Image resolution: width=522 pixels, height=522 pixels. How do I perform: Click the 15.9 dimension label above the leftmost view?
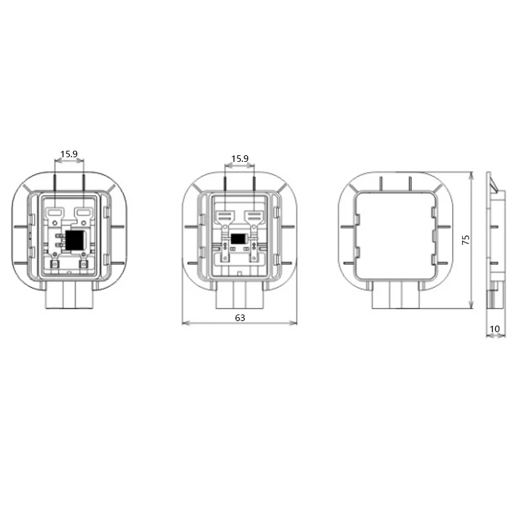click(x=69, y=155)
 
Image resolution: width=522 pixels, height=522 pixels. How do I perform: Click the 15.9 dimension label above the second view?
click(x=239, y=159)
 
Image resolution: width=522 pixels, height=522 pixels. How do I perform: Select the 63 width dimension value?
click(x=239, y=318)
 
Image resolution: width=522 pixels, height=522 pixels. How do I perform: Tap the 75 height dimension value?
click(x=465, y=239)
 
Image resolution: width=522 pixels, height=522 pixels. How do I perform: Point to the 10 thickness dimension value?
click(x=495, y=329)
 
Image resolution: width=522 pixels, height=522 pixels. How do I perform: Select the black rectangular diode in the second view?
click(x=239, y=239)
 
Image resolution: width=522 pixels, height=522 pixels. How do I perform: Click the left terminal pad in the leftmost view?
click(x=55, y=212)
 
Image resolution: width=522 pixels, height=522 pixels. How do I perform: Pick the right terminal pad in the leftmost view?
click(x=84, y=212)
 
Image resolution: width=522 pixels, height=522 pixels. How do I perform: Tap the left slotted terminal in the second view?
click(x=225, y=216)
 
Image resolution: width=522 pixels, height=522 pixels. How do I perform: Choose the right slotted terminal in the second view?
click(x=253, y=216)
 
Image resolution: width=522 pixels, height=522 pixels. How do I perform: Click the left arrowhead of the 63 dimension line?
click(x=185, y=323)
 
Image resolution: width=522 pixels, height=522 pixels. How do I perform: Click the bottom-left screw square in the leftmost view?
click(x=55, y=264)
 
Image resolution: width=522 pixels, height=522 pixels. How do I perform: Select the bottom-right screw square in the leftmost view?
click(x=84, y=264)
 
